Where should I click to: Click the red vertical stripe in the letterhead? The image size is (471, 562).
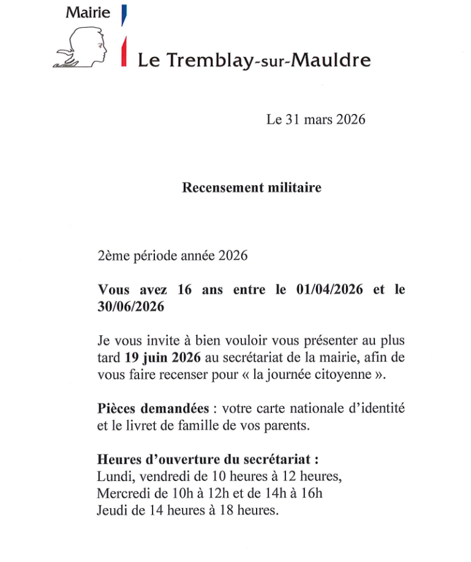tap(124, 51)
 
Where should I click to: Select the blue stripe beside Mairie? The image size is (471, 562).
tap(124, 14)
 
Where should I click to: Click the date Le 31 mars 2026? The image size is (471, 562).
tap(315, 120)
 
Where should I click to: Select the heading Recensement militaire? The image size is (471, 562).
tap(251, 188)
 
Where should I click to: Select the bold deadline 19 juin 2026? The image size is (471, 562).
tap(162, 358)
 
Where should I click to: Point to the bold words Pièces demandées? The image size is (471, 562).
tap(154, 408)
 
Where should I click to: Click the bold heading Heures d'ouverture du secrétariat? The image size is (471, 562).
tap(208, 459)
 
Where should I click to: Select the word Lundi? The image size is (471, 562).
tap(112, 476)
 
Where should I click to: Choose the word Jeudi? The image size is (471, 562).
tap(111, 509)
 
